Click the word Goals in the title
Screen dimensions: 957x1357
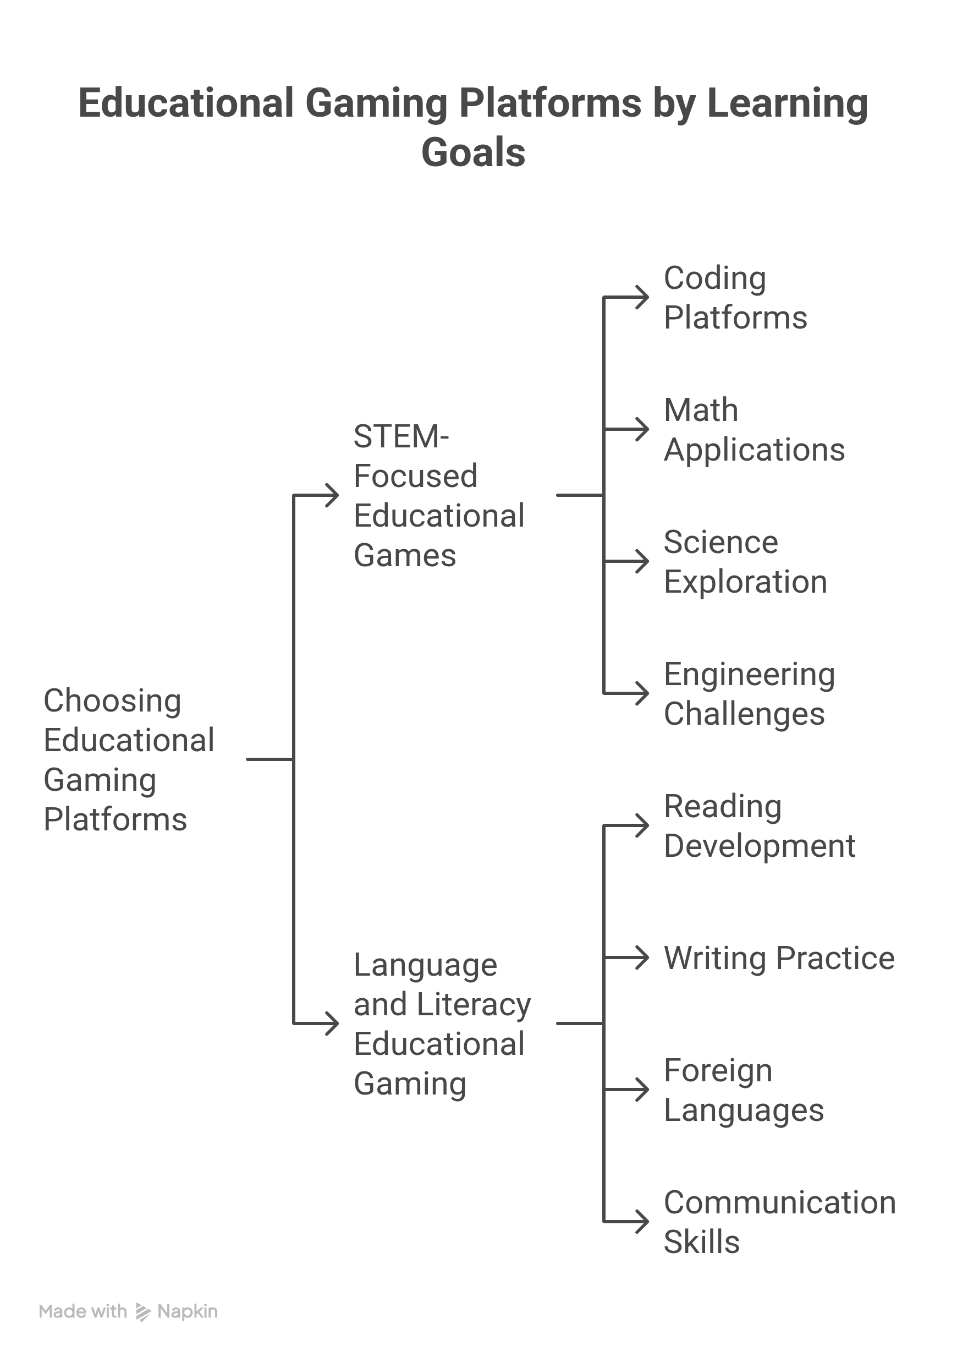coord(473,152)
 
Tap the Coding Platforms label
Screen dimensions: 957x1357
coord(735,298)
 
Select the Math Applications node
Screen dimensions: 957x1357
coord(755,430)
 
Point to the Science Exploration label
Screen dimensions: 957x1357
coord(745,561)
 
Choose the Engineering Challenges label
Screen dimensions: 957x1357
coord(750,694)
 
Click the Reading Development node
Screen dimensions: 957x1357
coord(760,825)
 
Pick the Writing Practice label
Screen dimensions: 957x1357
coord(779,957)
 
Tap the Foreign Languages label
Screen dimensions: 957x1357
coord(744,1090)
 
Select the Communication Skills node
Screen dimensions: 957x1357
coord(780,1222)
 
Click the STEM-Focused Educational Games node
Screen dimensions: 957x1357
coord(439,495)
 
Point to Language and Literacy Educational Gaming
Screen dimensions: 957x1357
coord(442,1024)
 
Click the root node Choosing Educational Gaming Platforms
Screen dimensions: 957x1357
coord(129,759)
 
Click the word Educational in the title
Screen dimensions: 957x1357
coord(186,103)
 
